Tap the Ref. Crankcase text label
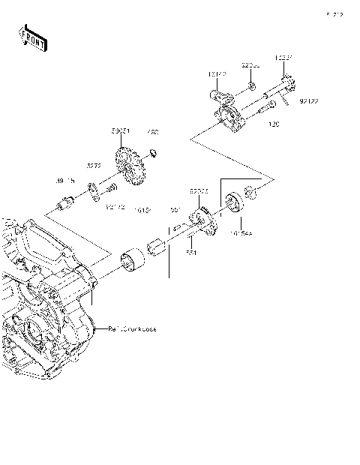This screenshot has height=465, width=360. pos(132,328)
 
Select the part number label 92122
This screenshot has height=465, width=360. pos(309,100)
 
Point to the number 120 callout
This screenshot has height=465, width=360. pos(274,124)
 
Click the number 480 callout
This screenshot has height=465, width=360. pos(154,132)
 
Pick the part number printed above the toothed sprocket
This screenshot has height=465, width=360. pos(121,131)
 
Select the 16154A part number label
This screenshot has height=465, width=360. pos(241,233)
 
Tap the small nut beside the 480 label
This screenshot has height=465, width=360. pos(152,154)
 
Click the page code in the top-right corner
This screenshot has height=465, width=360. pos(334,13)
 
